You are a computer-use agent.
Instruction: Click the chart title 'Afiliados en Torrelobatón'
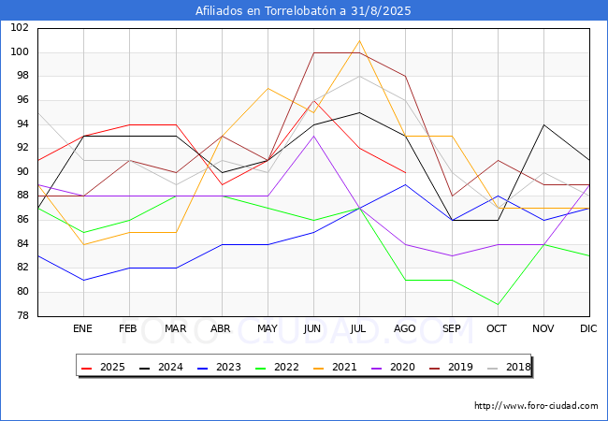(x=267, y=11)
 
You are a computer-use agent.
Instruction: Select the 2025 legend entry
(x=103, y=367)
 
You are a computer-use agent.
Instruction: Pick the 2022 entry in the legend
(x=277, y=367)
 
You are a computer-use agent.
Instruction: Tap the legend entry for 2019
(x=452, y=367)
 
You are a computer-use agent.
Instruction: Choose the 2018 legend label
(x=509, y=367)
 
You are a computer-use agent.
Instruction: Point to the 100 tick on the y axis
(x=20, y=52)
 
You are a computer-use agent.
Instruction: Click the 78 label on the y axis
(x=22, y=316)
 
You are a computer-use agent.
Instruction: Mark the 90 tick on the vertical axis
(x=22, y=172)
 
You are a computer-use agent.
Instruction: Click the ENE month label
(x=82, y=328)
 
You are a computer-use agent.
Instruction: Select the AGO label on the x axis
(x=405, y=328)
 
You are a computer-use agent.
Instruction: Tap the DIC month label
(x=588, y=328)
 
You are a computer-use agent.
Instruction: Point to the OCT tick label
(x=497, y=328)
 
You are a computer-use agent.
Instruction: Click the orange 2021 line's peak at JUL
(x=359, y=41)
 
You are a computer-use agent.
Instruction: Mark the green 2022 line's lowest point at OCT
(x=498, y=304)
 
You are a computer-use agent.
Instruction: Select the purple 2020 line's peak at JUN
(x=313, y=136)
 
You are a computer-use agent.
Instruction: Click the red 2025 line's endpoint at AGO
(x=406, y=172)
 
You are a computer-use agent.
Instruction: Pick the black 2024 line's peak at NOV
(x=544, y=124)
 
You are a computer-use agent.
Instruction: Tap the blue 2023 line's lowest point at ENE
(x=84, y=281)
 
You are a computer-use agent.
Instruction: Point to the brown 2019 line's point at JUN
(x=313, y=52)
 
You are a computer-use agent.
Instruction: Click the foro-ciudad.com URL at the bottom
(x=536, y=406)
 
